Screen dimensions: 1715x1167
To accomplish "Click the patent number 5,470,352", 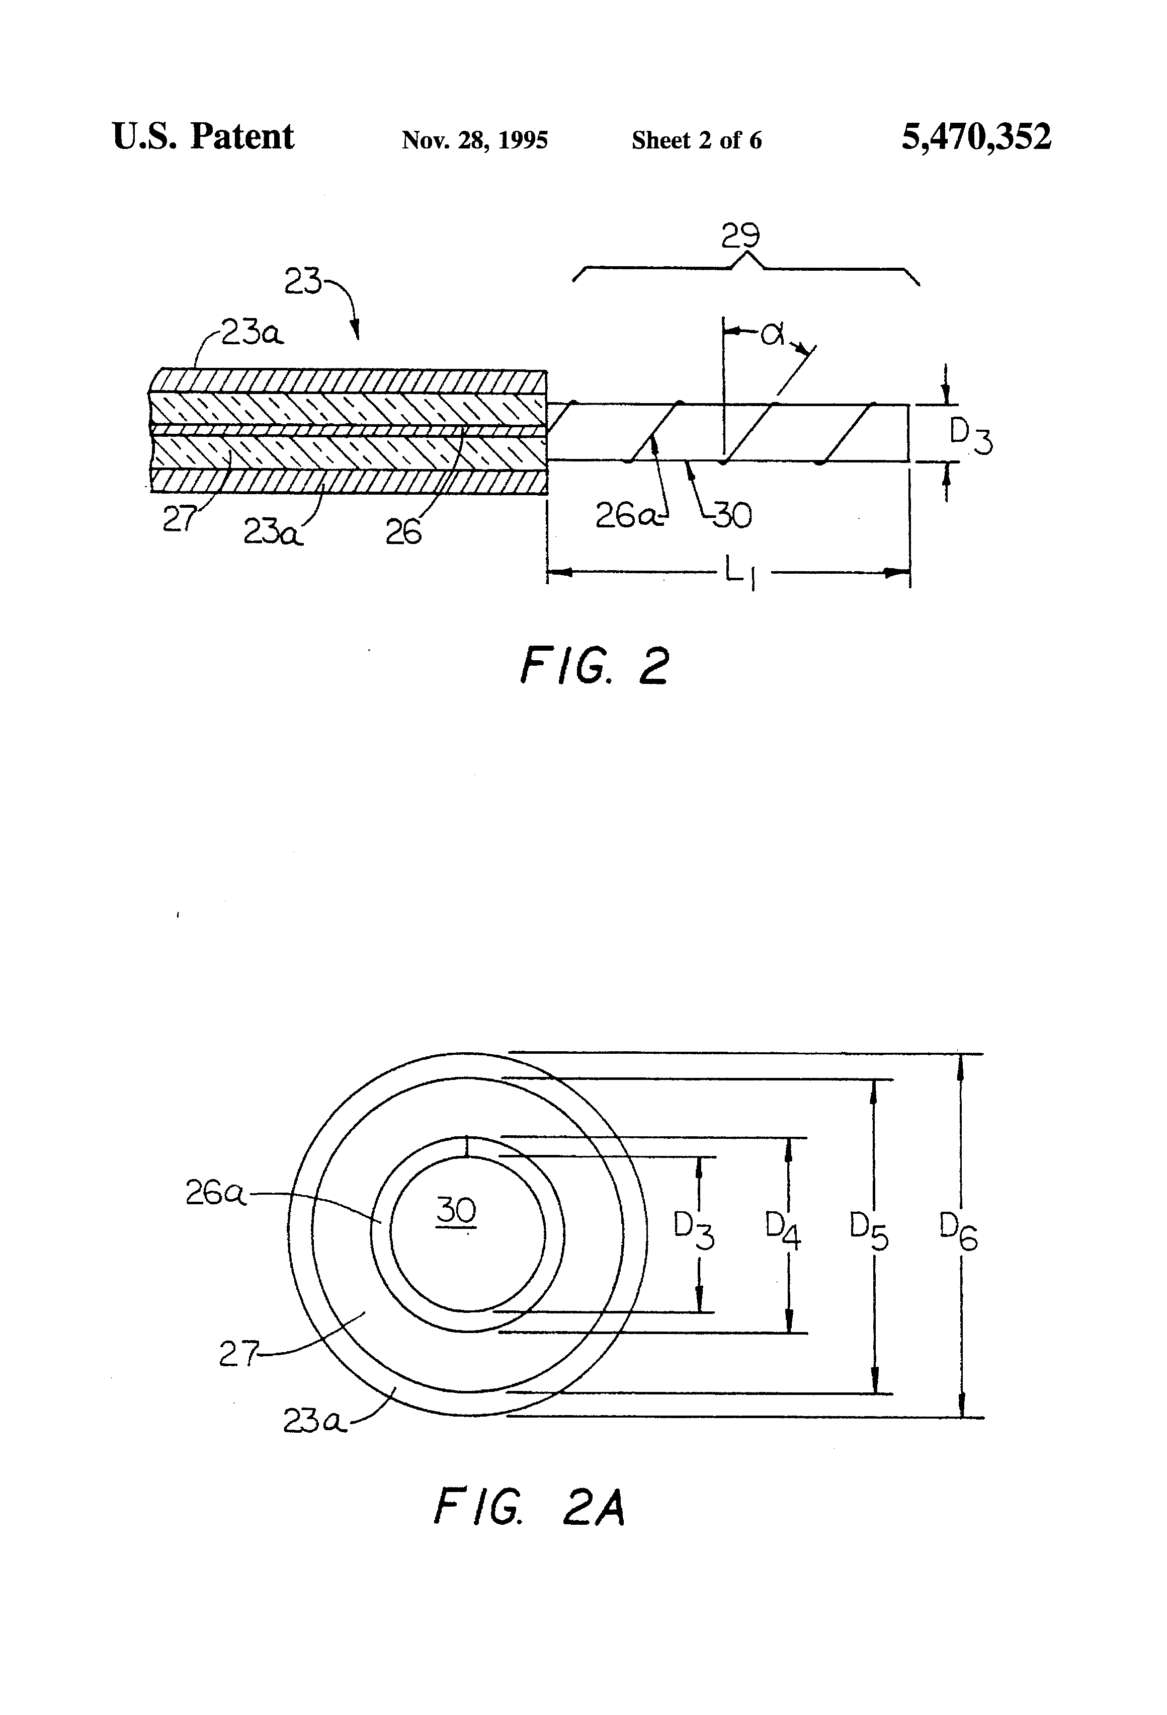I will click(x=975, y=138).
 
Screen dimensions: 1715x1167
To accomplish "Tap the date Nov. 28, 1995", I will click(x=474, y=140).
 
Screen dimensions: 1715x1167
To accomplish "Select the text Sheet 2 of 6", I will click(x=696, y=140).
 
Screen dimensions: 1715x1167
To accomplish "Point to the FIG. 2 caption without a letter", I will click(x=595, y=666).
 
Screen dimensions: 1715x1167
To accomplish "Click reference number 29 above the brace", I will click(x=740, y=236).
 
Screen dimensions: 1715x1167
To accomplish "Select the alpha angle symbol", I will click(x=772, y=334).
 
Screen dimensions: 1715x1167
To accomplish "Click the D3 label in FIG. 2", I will click(x=969, y=435).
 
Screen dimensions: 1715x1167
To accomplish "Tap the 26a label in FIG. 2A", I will click(x=214, y=1193).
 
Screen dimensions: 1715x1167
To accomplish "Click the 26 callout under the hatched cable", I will click(x=403, y=532).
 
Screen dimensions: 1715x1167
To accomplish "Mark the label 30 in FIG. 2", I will click(x=732, y=516).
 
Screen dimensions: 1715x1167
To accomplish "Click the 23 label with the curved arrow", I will click(x=302, y=282).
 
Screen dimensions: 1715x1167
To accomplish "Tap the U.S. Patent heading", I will click(x=203, y=137).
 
